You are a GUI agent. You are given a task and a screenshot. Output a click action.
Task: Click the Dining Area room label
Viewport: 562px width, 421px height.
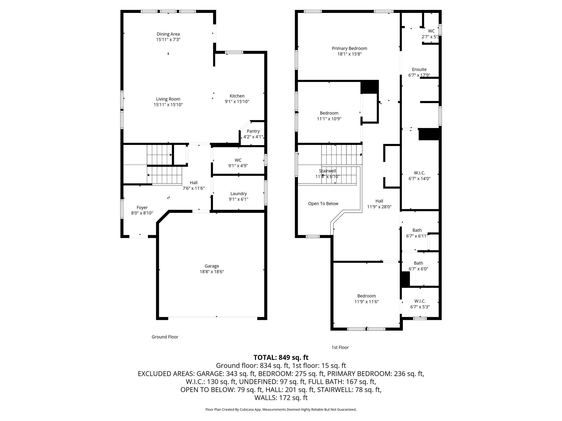point(168,34)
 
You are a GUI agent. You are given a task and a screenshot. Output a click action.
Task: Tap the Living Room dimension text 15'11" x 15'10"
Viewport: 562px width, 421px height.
point(168,105)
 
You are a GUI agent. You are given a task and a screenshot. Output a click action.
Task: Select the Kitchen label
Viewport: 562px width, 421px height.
point(237,96)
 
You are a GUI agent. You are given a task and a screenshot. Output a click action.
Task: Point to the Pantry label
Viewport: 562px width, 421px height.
point(253,131)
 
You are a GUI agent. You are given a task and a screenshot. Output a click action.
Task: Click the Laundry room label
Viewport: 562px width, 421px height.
point(238,194)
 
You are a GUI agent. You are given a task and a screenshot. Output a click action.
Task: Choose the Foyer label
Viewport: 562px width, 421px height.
point(142,207)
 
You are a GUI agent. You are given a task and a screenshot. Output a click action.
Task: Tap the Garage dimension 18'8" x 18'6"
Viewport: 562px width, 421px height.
point(212,272)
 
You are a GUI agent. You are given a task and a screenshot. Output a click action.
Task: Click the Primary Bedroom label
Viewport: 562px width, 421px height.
point(349,49)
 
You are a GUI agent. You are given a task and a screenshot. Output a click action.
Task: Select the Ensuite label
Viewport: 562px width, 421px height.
point(419,69)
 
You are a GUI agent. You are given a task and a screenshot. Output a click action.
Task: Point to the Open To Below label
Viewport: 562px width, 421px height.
point(323,204)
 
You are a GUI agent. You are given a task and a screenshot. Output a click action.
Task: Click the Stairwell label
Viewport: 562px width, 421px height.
point(327,171)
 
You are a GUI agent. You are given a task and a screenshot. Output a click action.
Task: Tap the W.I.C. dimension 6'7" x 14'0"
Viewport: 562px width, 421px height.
point(419,179)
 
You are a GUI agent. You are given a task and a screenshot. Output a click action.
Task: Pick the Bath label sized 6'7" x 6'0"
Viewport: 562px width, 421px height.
point(418,263)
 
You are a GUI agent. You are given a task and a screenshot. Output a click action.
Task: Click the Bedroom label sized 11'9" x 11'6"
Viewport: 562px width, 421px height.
point(367,296)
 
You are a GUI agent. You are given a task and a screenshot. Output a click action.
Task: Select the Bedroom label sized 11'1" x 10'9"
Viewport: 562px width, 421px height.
point(329,113)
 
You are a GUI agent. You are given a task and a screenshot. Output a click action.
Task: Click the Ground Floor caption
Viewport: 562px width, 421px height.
point(165,337)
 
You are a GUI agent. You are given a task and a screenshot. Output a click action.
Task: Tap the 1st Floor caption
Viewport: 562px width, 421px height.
point(340,347)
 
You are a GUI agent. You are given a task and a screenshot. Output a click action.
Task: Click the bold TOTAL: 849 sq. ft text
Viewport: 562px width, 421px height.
point(281,357)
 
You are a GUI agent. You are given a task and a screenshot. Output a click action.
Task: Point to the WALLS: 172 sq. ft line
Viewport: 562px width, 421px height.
point(281,397)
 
